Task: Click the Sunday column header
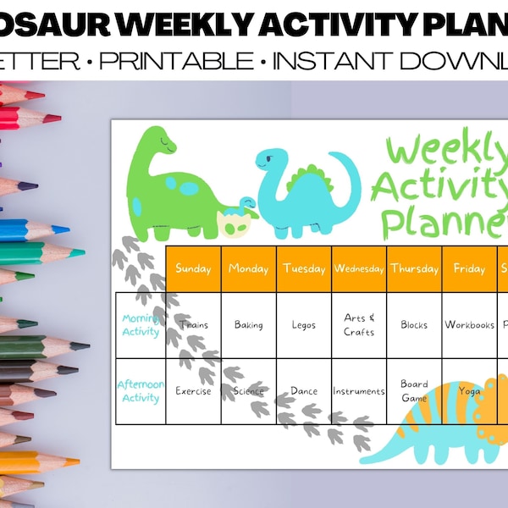pos(193,268)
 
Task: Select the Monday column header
pos(249,268)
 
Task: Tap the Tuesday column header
pos(304,268)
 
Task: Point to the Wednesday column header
pos(359,268)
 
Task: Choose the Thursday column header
pos(414,268)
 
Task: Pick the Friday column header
pos(469,268)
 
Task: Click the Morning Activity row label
pos(141,325)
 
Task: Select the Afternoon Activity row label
pos(141,392)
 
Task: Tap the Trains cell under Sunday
pos(193,324)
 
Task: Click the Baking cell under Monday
pos(249,324)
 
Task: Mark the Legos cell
pos(304,324)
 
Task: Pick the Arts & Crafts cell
pos(359,324)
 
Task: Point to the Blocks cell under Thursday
pos(414,324)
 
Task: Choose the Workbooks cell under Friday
pos(469,324)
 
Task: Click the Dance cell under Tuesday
pos(304,391)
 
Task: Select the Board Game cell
pos(414,390)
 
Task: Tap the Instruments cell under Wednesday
pos(359,391)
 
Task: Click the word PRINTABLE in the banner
pos(197,61)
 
